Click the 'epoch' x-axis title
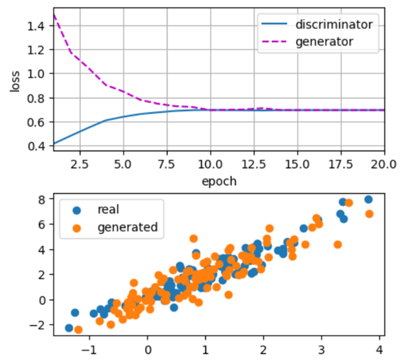(219, 181)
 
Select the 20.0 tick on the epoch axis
(384, 164)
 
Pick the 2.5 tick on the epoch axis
(80, 164)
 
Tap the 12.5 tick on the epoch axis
(254, 164)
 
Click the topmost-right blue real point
(369, 199)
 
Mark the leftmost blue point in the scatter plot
(69, 328)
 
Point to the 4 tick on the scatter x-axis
(379, 350)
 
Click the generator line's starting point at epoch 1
(54, 15)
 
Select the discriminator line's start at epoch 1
(54, 143)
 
